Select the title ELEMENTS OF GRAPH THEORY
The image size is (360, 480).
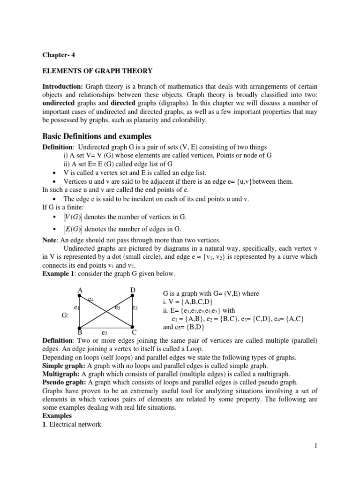click(x=97, y=71)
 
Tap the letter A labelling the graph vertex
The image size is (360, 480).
click(x=80, y=291)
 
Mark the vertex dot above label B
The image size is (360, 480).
click(x=80, y=327)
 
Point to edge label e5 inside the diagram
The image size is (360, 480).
click(x=118, y=308)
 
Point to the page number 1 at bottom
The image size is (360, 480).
click(x=316, y=446)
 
